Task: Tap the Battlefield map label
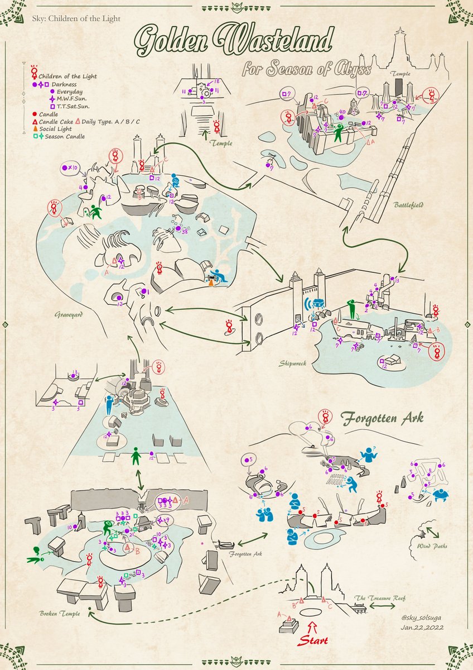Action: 408,205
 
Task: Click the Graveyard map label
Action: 69,315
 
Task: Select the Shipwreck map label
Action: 293,363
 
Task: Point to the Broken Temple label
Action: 60,614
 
